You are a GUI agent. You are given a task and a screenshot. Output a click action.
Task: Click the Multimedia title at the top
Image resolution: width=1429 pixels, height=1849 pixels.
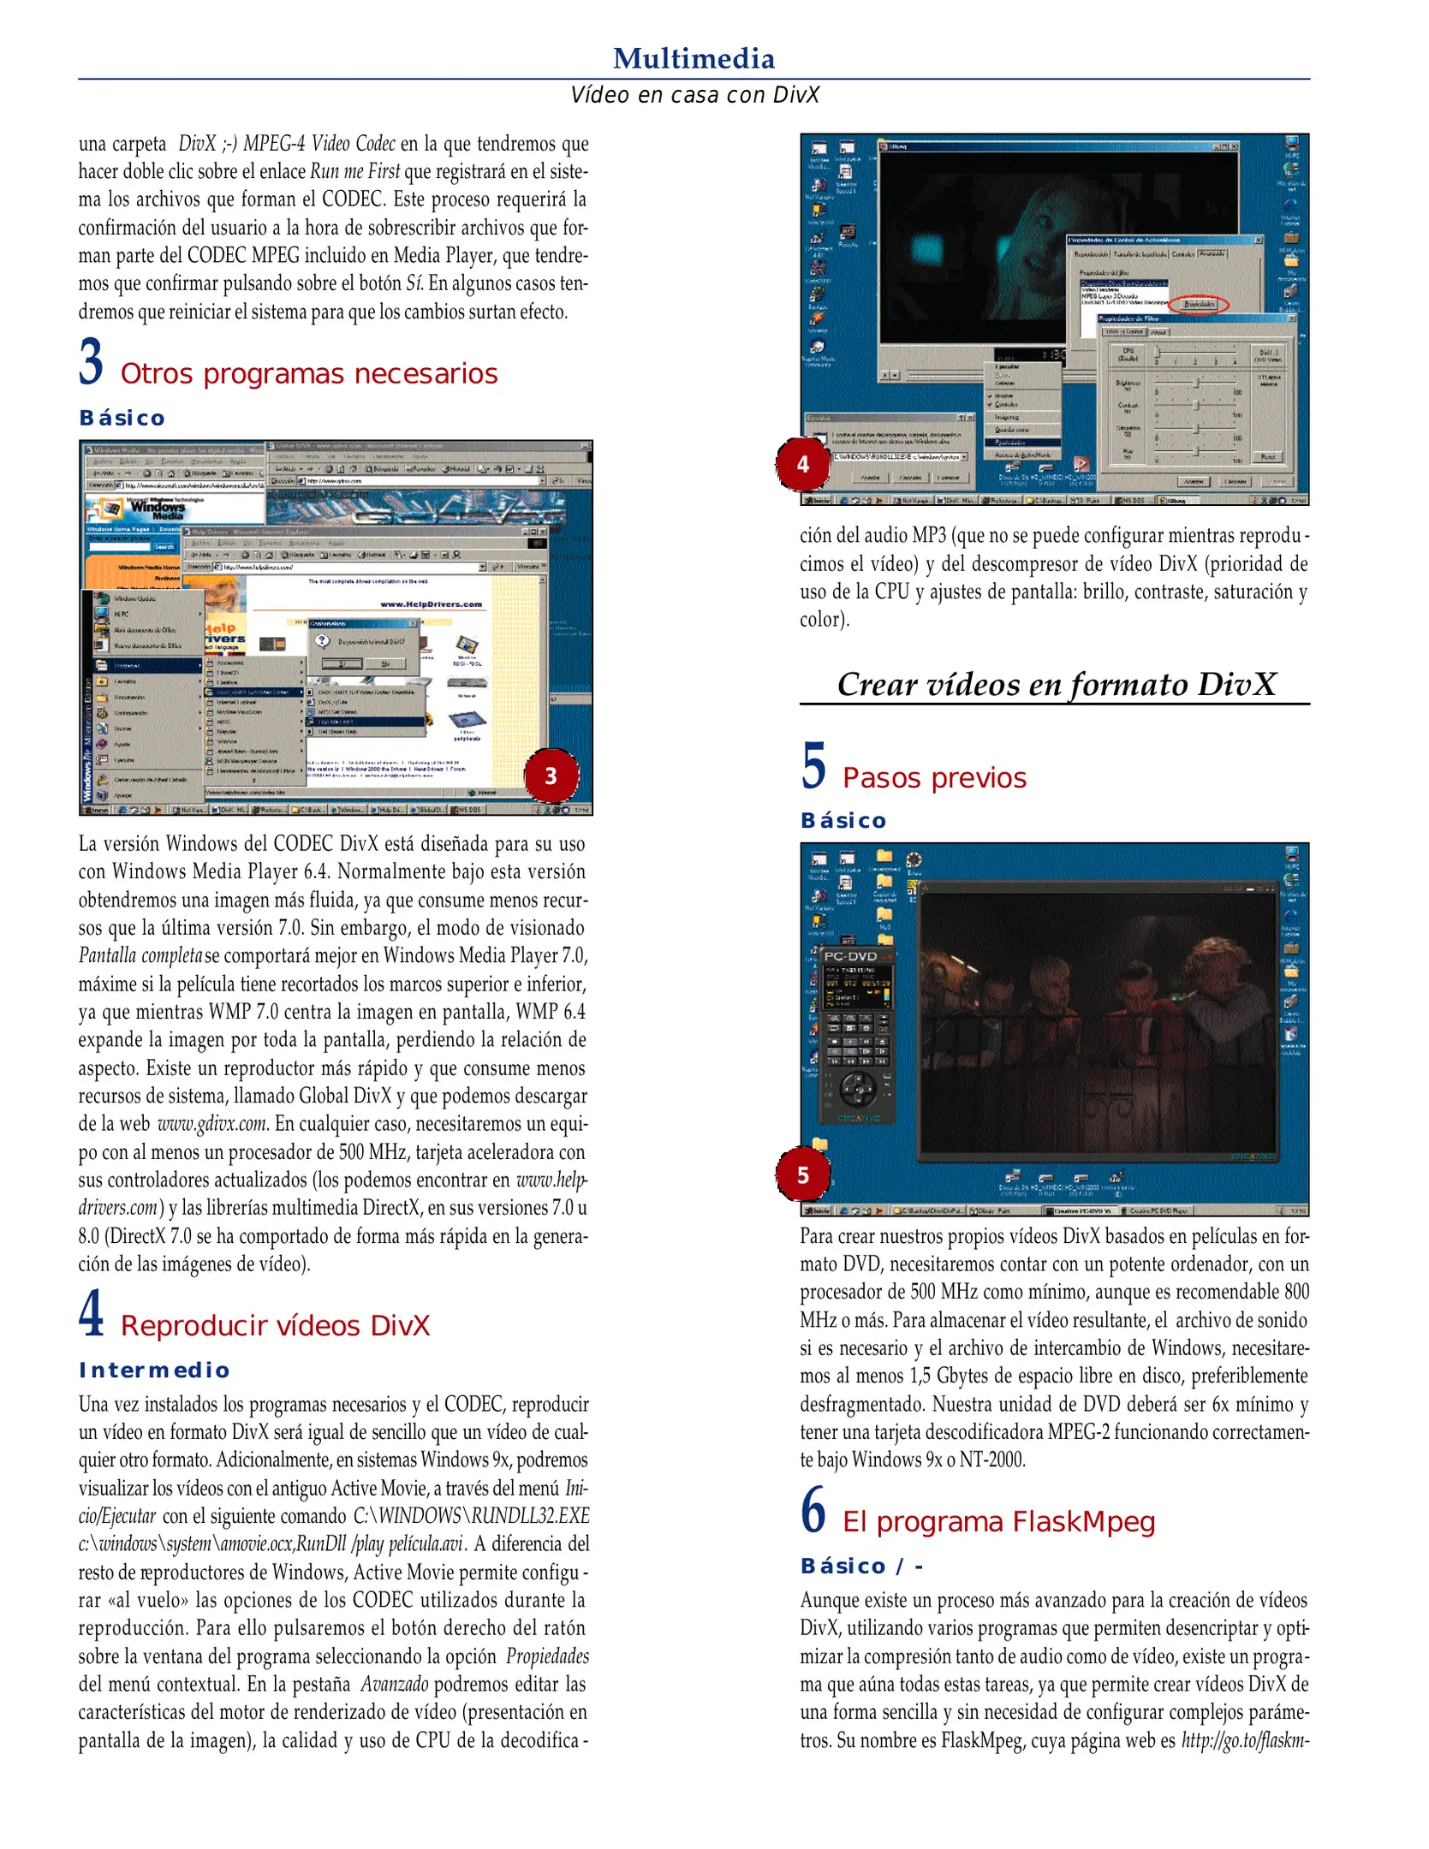(694, 58)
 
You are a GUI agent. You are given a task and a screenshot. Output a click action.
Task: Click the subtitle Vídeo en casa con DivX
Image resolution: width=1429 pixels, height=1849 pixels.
(694, 95)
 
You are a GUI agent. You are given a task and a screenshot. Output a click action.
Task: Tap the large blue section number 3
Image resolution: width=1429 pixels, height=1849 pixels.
(92, 361)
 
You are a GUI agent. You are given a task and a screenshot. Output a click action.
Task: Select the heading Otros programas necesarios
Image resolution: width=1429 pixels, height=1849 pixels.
(308, 374)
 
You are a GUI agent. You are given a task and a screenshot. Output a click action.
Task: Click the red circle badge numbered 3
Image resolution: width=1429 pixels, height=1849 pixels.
(551, 776)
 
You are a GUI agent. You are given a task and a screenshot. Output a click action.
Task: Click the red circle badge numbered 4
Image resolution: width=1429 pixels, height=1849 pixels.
(802, 464)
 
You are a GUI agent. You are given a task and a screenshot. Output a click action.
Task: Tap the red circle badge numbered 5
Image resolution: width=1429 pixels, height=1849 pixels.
(802, 1174)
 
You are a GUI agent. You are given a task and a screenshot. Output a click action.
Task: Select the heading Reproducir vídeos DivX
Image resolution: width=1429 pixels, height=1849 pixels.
(275, 1326)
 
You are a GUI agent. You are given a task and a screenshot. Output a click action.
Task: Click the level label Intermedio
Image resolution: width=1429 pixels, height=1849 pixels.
(154, 1370)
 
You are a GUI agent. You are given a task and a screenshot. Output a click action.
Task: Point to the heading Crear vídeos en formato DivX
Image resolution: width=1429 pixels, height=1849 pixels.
(1056, 684)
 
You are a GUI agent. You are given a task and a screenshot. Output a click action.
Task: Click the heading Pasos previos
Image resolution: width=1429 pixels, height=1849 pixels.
(934, 778)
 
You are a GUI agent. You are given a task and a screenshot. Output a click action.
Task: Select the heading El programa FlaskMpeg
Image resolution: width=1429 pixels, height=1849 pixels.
(998, 1522)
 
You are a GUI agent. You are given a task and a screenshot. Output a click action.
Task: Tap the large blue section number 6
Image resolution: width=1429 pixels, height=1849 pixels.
(813, 1511)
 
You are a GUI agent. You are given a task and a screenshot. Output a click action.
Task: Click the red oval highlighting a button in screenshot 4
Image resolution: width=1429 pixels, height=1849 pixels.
(1199, 304)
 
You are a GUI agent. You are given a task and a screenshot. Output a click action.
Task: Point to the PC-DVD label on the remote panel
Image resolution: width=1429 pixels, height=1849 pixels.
(850, 956)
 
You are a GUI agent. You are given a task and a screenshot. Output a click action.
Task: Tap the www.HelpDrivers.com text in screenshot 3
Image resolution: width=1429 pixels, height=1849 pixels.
(431, 604)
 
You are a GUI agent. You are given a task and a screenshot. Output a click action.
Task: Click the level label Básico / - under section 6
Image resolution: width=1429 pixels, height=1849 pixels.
(861, 1567)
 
